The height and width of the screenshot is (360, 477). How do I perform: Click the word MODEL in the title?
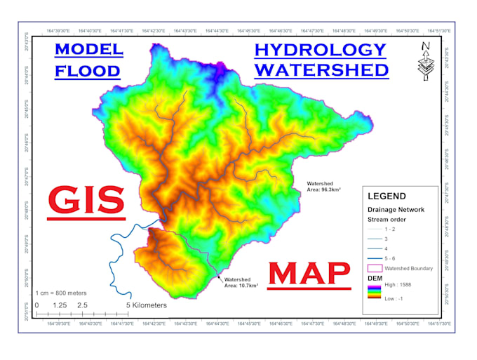88,50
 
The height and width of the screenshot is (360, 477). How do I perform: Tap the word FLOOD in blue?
88,71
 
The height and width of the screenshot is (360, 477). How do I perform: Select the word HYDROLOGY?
320,50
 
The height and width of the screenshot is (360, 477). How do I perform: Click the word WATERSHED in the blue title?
321,70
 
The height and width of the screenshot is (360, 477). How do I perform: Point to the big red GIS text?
86,199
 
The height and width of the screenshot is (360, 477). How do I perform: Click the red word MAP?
309,274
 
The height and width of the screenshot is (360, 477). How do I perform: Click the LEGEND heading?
387,196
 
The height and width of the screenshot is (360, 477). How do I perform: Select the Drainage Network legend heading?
396,210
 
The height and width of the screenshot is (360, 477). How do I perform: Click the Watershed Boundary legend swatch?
375,268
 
